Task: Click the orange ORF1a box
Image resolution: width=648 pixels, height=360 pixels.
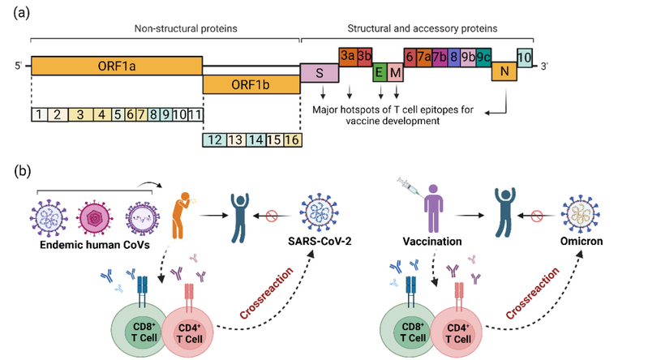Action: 116,66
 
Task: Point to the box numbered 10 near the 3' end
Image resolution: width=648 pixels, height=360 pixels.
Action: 525,58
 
